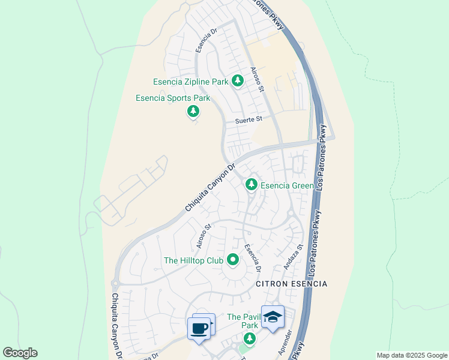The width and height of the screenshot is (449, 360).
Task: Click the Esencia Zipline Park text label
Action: [x=191, y=82]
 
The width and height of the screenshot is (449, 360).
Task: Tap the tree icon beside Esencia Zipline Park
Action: [x=238, y=80]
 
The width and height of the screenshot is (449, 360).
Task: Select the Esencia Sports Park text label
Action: [x=173, y=98]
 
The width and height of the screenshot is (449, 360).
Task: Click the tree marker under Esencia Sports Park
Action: [x=193, y=111]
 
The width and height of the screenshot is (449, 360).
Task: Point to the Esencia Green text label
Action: [x=287, y=186]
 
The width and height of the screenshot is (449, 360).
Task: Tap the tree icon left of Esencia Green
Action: [x=251, y=185]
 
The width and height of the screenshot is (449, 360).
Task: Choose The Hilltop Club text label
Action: [x=194, y=260]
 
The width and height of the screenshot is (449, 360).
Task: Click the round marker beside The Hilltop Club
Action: [x=232, y=260]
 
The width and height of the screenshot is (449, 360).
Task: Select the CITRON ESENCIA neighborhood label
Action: [x=292, y=283]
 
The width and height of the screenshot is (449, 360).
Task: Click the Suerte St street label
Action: [x=251, y=119]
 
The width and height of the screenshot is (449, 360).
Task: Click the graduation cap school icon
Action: [x=273, y=317]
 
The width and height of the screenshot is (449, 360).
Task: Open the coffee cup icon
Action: [x=199, y=328]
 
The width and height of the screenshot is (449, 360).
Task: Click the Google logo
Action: [x=20, y=353]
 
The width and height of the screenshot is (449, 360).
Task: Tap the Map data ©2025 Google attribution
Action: [x=412, y=355]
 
